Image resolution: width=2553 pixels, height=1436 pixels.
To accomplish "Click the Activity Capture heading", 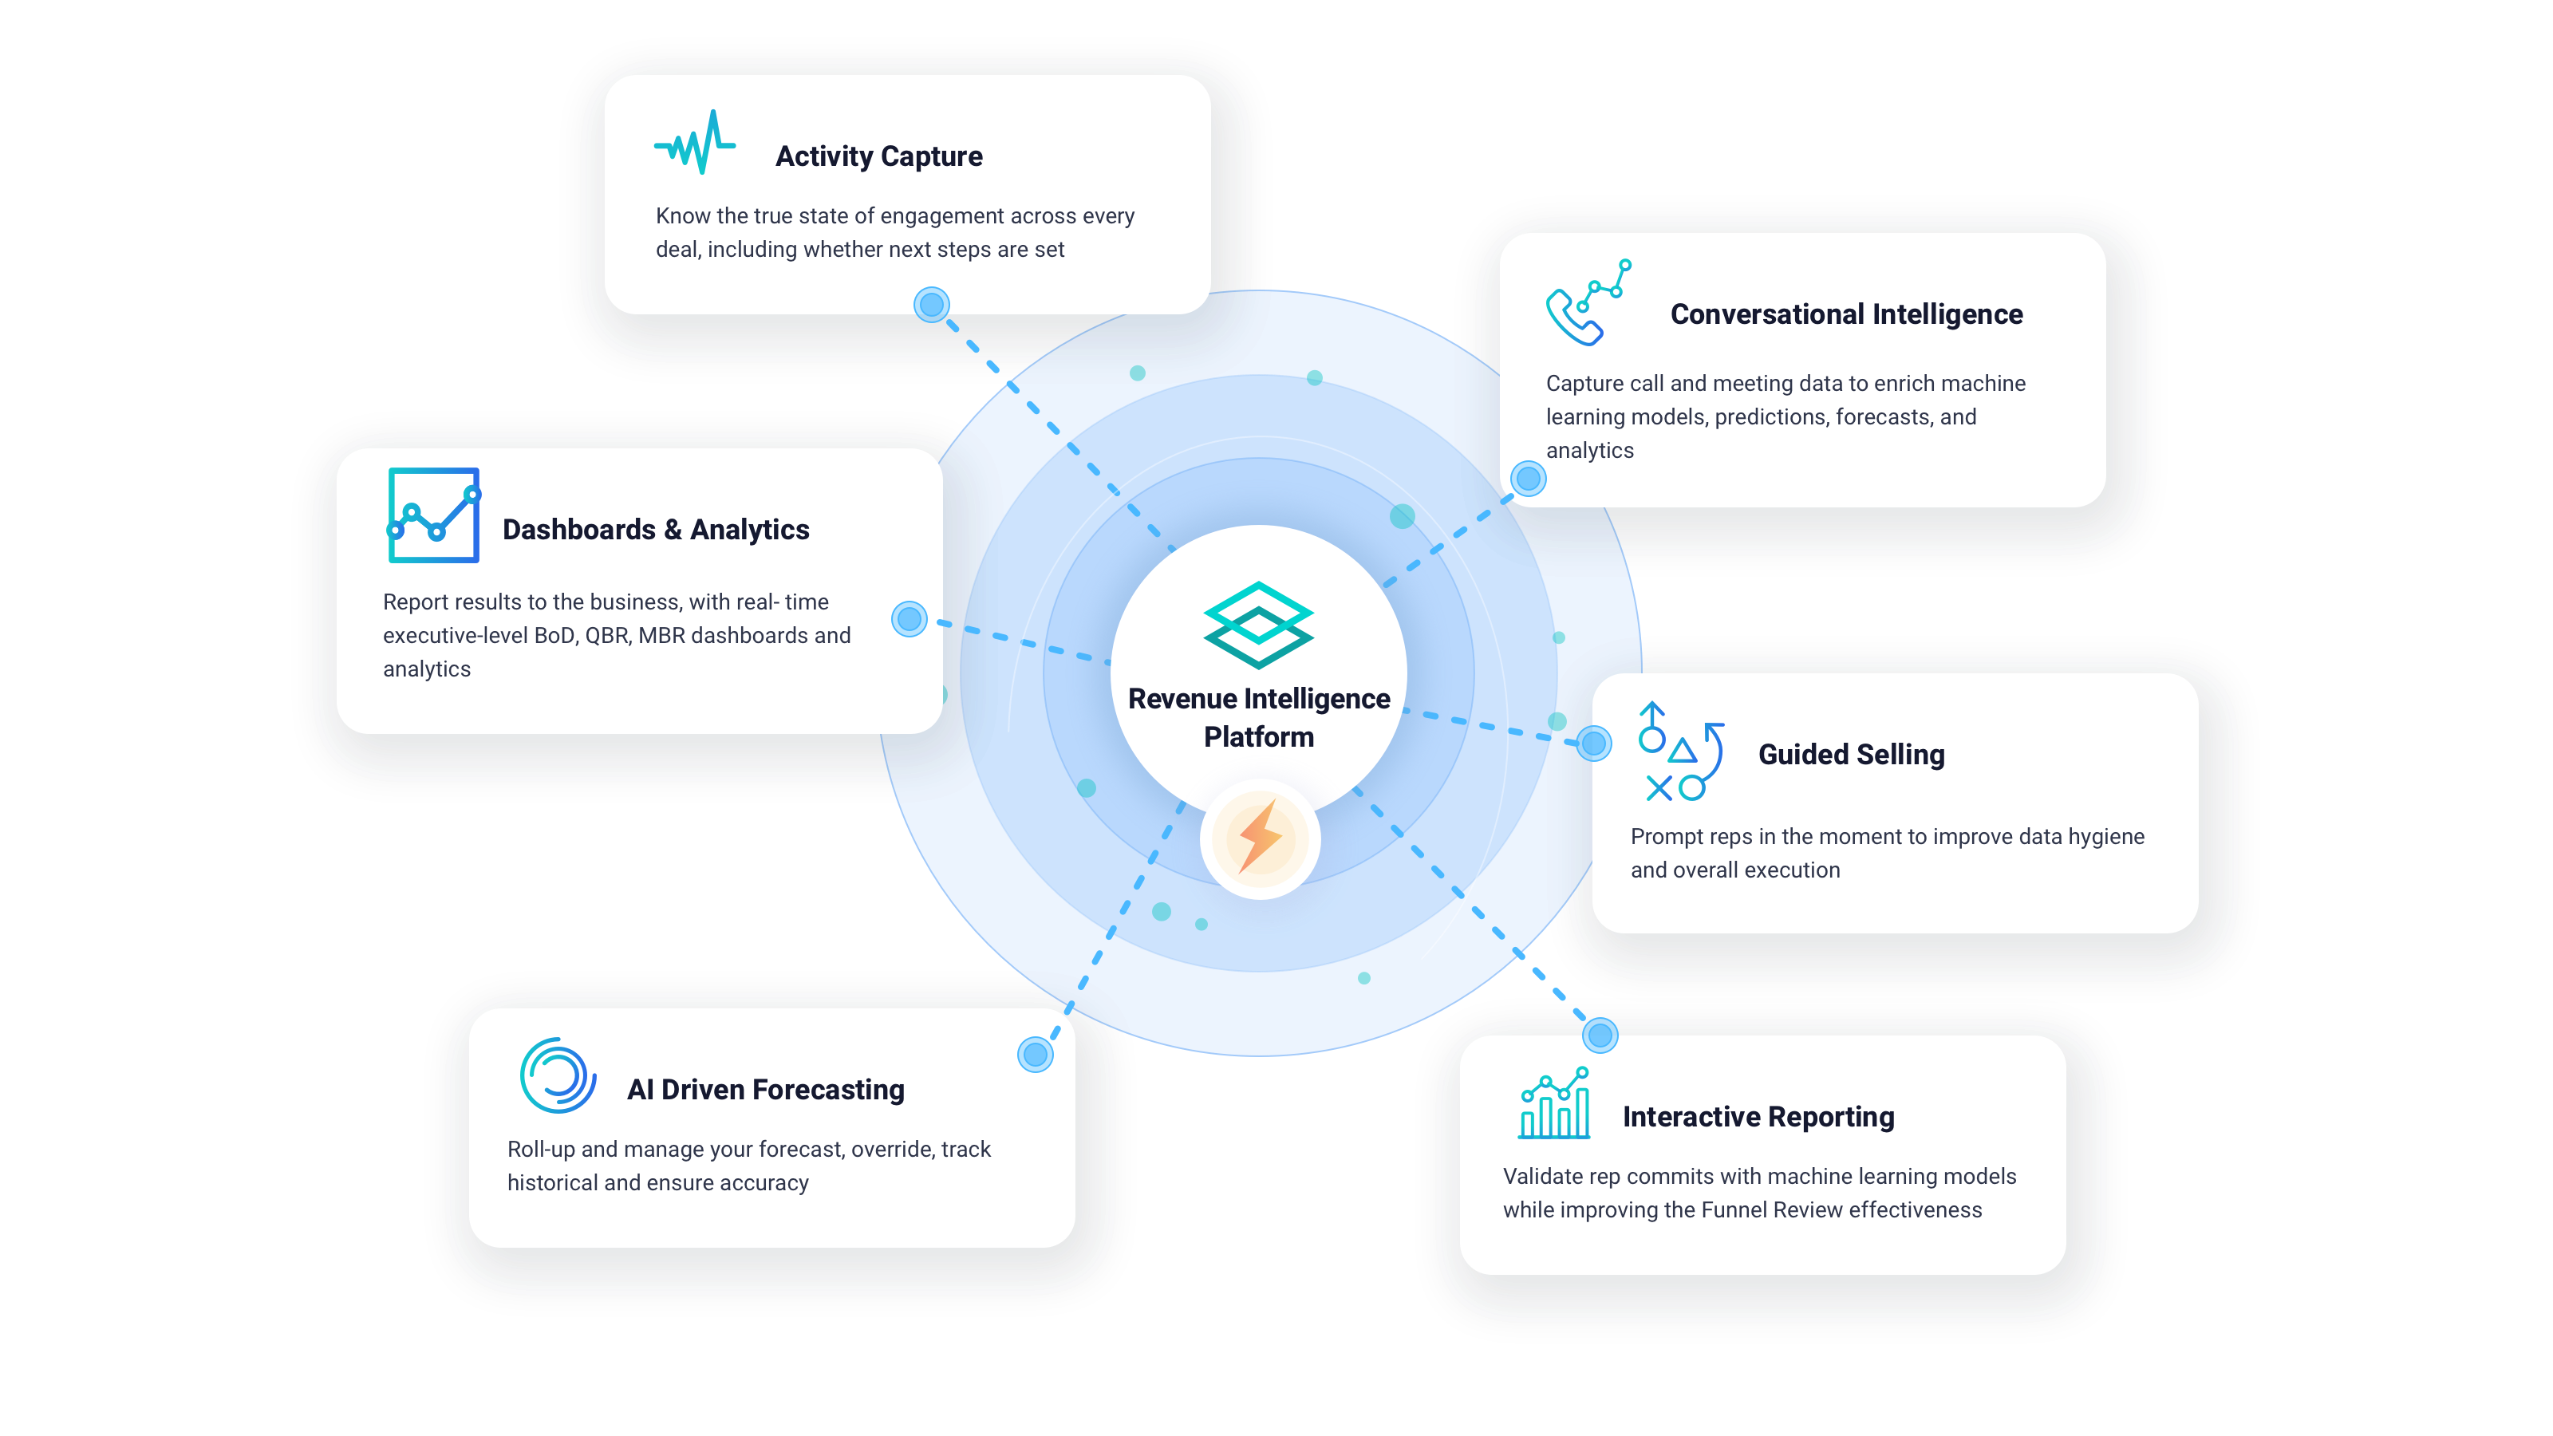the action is click(878, 156).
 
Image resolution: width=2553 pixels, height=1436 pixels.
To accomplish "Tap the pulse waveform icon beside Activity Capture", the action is click(695, 142).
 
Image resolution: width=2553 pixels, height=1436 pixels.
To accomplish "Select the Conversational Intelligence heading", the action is click(1846, 314).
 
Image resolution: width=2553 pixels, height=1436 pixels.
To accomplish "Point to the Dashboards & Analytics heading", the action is click(655, 529).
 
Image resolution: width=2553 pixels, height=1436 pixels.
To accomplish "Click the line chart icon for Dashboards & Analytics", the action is click(434, 515).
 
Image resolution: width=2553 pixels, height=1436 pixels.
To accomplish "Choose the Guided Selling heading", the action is click(1851, 754).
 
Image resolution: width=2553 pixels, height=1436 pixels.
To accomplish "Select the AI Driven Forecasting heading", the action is click(765, 1089).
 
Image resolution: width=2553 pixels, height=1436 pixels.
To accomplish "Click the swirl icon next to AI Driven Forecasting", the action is click(558, 1075).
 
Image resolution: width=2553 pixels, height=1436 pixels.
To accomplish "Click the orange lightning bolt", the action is click(1261, 838).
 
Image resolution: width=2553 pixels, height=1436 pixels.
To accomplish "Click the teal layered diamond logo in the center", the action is click(1259, 625).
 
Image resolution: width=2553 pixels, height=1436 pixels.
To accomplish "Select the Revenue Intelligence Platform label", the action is click(1259, 717).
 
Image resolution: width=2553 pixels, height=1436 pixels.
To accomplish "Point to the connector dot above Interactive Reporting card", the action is click(1600, 1036).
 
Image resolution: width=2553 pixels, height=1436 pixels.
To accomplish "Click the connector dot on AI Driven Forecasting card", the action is click(1036, 1055).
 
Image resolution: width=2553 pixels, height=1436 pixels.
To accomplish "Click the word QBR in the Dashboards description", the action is click(607, 635).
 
